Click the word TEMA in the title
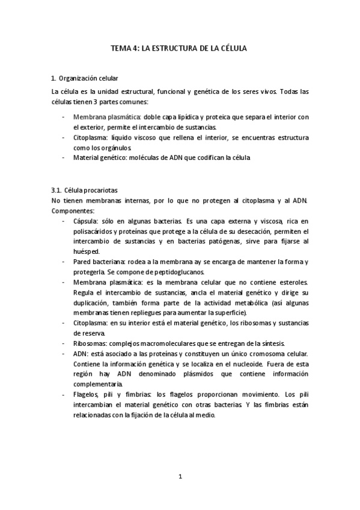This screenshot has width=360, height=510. click(123, 47)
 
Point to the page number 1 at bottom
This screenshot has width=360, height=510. click(180, 476)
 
